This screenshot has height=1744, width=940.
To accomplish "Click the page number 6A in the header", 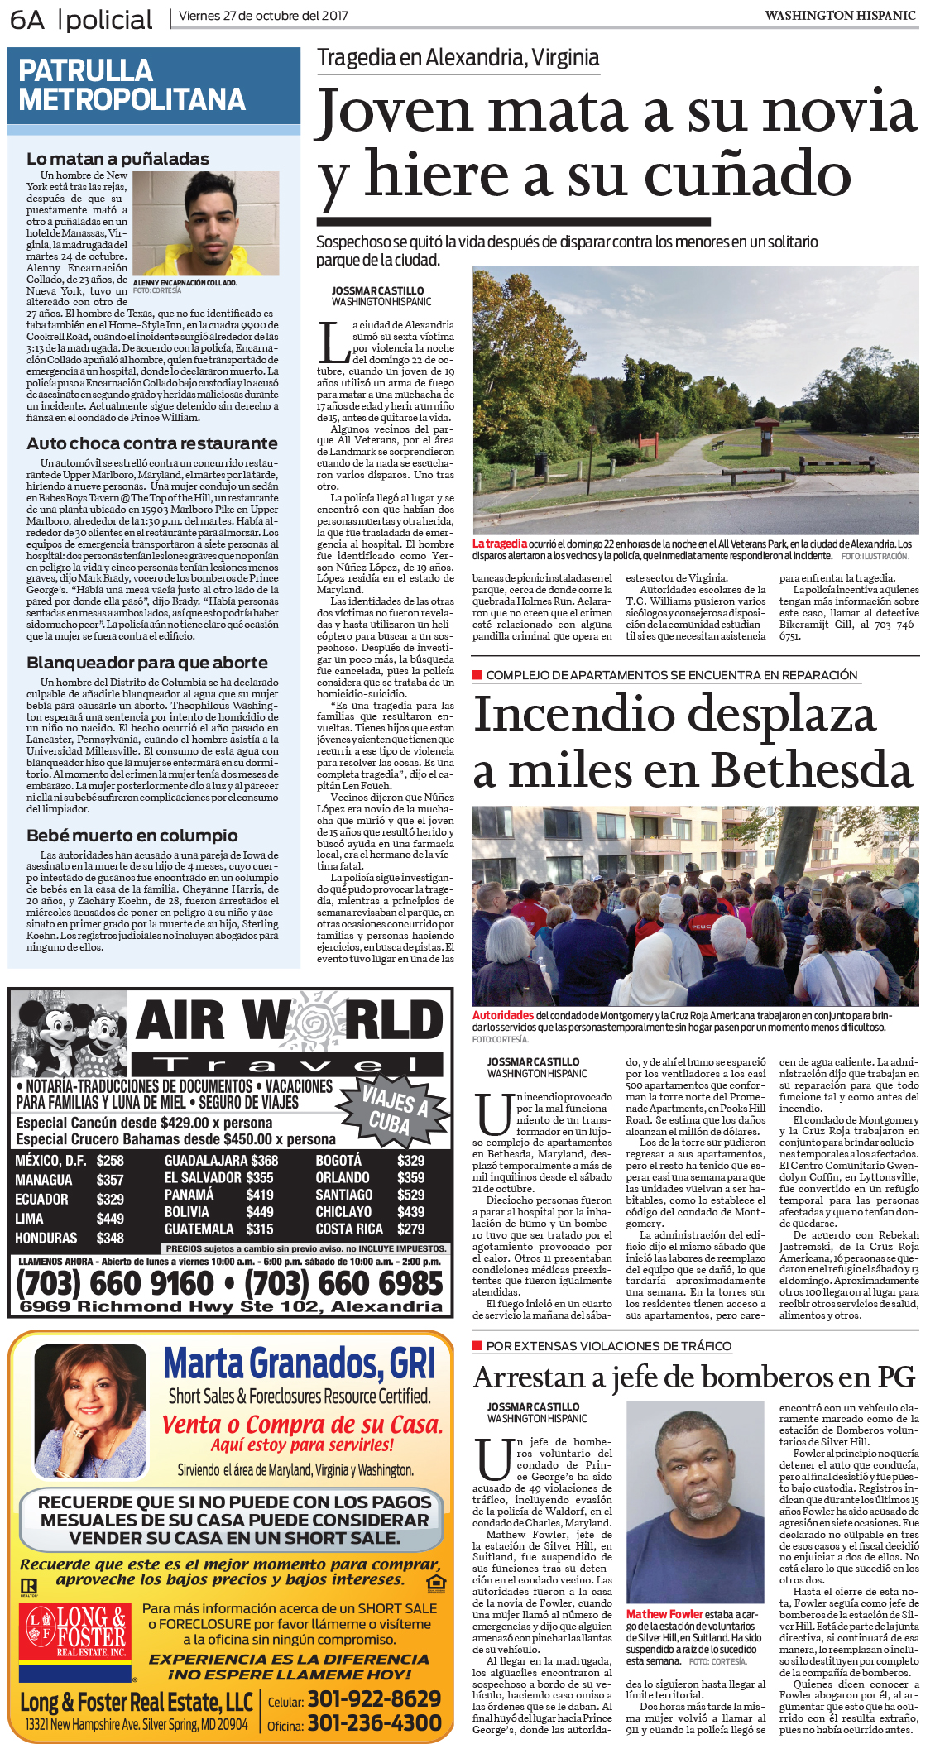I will [x=27, y=19].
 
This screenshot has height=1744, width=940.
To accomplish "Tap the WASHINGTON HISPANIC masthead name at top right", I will [x=840, y=15].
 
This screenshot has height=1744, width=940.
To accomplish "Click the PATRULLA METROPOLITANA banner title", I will [x=132, y=85].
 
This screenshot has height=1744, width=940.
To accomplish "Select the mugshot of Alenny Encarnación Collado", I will [x=205, y=223].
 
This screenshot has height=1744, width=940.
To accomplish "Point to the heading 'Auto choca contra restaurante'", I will [x=152, y=443].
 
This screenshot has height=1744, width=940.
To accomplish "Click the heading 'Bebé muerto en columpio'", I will [x=132, y=836].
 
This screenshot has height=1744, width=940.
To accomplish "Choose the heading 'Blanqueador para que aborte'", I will [x=147, y=663].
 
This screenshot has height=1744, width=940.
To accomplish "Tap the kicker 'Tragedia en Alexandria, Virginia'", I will [x=458, y=58].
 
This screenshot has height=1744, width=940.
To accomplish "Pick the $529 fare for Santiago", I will [x=410, y=1195].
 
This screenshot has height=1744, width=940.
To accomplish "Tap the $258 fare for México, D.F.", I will [x=110, y=1161].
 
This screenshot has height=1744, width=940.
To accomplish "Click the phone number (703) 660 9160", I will [x=115, y=1283].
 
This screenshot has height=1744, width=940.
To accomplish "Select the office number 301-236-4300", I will [x=374, y=1723].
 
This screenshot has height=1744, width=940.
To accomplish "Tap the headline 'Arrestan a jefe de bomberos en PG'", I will [x=694, y=1377].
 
